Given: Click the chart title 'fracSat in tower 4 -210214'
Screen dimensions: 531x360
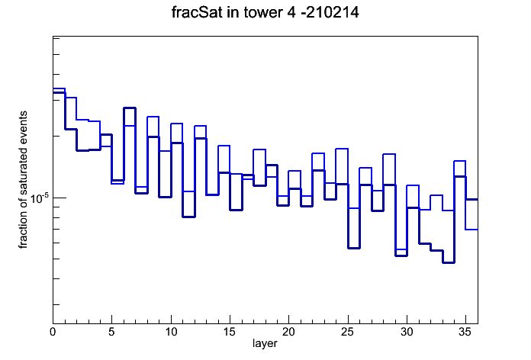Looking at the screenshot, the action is (x=265, y=12).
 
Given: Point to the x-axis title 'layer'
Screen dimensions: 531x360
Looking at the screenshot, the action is (x=265, y=343).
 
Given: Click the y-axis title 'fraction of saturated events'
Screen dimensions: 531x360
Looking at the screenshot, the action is (x=23, y=180).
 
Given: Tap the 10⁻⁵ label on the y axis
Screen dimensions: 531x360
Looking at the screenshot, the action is (x=39, y=198).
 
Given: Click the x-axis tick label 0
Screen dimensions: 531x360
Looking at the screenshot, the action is (x=53, y=333).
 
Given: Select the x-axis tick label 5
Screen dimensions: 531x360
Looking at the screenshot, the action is (x=111, y=333).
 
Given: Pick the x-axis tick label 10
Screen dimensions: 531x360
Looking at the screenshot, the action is (x=171, y=333).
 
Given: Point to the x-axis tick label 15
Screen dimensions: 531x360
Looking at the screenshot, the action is (x=230, y=333).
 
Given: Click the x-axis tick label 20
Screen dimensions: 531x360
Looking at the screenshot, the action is (x=288, y=333).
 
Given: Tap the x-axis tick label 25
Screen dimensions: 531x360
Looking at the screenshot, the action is (x=347, y=333).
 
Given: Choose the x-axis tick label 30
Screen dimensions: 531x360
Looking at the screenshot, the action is (x=407, y=333).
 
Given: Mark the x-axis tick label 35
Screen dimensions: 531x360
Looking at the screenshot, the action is (x=465, y=333).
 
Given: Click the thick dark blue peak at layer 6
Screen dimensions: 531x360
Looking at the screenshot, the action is (x=130, y=108).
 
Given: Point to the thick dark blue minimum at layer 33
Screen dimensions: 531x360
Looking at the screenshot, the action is (x=448, y=262).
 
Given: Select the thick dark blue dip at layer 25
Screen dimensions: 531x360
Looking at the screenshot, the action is (x=353, y=248).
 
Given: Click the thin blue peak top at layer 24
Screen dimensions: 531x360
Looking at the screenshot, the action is (x=342, y=149).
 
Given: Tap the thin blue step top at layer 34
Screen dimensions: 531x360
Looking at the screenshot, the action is (x=459, y=161).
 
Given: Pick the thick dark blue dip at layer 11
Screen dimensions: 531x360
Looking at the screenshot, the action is (x=188, y=217).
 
